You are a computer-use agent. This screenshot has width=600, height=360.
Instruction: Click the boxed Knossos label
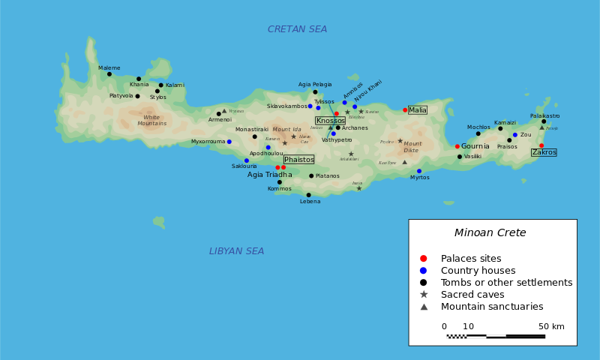(330, 120)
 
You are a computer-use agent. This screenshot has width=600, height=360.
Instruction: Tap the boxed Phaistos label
(298, 159)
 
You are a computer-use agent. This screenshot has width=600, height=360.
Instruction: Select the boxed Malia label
(418, 110)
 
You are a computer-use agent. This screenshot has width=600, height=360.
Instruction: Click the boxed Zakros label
(544, 152)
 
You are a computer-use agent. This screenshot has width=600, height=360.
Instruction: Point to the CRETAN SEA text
(297, 29)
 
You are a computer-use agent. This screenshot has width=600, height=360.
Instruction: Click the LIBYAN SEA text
(236, 251)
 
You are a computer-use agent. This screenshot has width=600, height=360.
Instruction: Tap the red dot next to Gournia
(457, 146)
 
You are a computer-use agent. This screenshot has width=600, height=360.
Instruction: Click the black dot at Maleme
(109, 73)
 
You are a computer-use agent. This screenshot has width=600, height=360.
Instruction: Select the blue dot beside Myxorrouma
(229, 142)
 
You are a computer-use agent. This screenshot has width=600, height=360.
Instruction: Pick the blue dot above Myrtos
(419, 171)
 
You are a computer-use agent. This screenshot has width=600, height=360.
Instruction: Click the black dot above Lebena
(308, 195)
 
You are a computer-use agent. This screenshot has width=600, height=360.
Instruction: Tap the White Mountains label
(151, 120)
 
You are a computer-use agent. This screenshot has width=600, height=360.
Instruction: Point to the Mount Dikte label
(412, 147)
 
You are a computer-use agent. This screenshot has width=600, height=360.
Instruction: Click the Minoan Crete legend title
(490, 232)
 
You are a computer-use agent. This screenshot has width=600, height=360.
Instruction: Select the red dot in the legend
(424, 258)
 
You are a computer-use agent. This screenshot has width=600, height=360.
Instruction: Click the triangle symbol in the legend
(424, 307)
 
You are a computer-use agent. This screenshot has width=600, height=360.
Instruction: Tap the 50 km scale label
(551, 326)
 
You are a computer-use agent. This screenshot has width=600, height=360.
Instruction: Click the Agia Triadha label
(269, 175)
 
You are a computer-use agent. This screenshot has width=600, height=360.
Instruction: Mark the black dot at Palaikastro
(544, 121)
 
